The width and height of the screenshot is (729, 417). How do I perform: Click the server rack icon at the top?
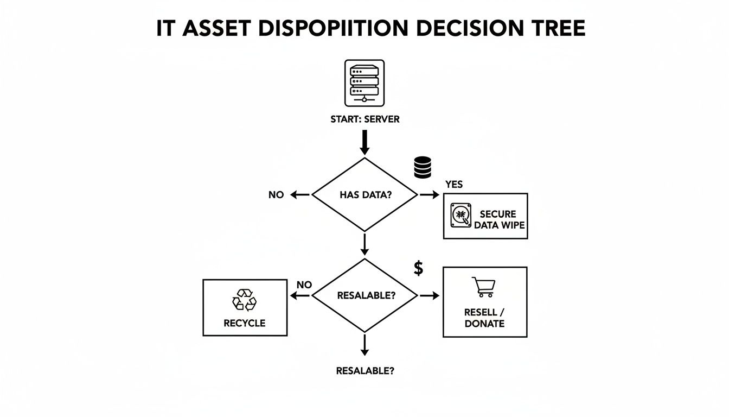pyautogui.click(x=364, y=83)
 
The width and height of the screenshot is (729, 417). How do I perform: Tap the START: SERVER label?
pyautogui.click(x=364, y=119)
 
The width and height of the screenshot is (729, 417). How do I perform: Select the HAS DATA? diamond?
pyautogui.click(x=364, y=194)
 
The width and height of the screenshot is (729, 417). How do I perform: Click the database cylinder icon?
pyautogui.click(x=422, y=167)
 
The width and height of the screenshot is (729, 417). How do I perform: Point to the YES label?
pyautogui.click(x=454, y=185)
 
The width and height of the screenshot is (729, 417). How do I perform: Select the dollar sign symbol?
pyautogui.click(x=418, y=268)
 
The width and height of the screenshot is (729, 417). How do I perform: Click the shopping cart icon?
pyautogui.click(x=484, y=287)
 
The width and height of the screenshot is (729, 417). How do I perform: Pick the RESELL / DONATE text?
pyautogui.click(x=484, y=318)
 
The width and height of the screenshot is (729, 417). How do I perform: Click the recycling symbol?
pyautogui.click(x=244, y=300)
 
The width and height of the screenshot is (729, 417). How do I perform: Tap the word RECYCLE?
pyautogui.click(x=244, y=323)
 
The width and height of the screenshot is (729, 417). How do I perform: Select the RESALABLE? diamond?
pyautogui.click(x=364, y=295)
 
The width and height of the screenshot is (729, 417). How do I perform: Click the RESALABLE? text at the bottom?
pyautogui.click(x=364, y=371)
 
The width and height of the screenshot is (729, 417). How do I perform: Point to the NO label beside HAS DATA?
pyautogui.click(x=276, y=195)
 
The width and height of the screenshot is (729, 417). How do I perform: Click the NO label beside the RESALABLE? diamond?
pyautogui.click(x=304, y=285)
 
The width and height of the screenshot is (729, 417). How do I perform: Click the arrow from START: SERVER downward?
pyautogui.click(x=364, y=143)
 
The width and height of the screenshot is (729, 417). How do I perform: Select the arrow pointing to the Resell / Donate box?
pyautogui.click(x=430, y=295)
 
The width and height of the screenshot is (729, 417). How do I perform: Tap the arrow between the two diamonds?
pyautogui.click(x=364, y=244)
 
